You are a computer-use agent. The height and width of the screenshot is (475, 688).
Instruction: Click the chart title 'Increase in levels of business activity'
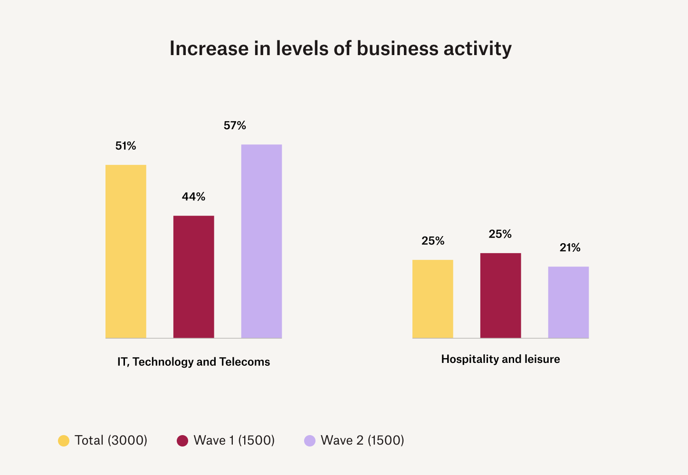tap(340, 49)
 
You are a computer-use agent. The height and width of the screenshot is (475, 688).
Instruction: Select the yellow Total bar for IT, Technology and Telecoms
tap(126, 252)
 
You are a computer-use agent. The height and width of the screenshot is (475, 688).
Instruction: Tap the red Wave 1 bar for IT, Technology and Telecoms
tap(194, 277)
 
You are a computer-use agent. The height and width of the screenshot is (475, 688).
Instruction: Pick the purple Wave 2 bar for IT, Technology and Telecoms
tap(261, 241)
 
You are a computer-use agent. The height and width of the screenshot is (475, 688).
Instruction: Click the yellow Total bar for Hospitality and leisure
tap(433, 299)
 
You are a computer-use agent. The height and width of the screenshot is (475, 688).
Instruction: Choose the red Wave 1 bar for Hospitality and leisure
tap(500, 295)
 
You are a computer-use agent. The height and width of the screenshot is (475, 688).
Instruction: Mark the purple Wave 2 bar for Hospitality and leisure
tap(568, 303)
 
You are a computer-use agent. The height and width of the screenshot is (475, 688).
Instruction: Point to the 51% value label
tap(126, 146)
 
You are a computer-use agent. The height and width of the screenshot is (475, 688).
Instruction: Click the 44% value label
tap(194, 197)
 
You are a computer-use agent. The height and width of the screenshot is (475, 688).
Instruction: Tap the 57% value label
tap(235, 126)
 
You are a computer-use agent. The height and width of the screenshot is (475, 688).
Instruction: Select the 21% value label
tap(570, 248)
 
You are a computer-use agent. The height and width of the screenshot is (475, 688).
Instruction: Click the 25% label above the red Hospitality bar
tap(500, 234)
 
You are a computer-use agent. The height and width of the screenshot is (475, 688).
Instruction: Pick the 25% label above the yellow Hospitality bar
tap(433, 241)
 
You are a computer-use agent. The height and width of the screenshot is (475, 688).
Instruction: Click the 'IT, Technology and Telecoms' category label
tap(193, 362)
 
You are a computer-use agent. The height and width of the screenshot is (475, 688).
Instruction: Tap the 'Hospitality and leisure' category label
tap(500, 359)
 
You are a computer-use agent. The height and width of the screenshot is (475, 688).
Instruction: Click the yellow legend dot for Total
tap(64, 441)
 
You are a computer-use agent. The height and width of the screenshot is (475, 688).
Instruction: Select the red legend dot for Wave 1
tap(182, 441)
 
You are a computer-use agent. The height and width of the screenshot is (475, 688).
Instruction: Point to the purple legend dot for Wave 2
tap(310, 441)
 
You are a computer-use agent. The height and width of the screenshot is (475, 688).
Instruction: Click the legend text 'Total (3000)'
tap(111, 441)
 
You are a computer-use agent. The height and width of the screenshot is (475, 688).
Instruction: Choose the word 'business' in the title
tap(398, 49)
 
